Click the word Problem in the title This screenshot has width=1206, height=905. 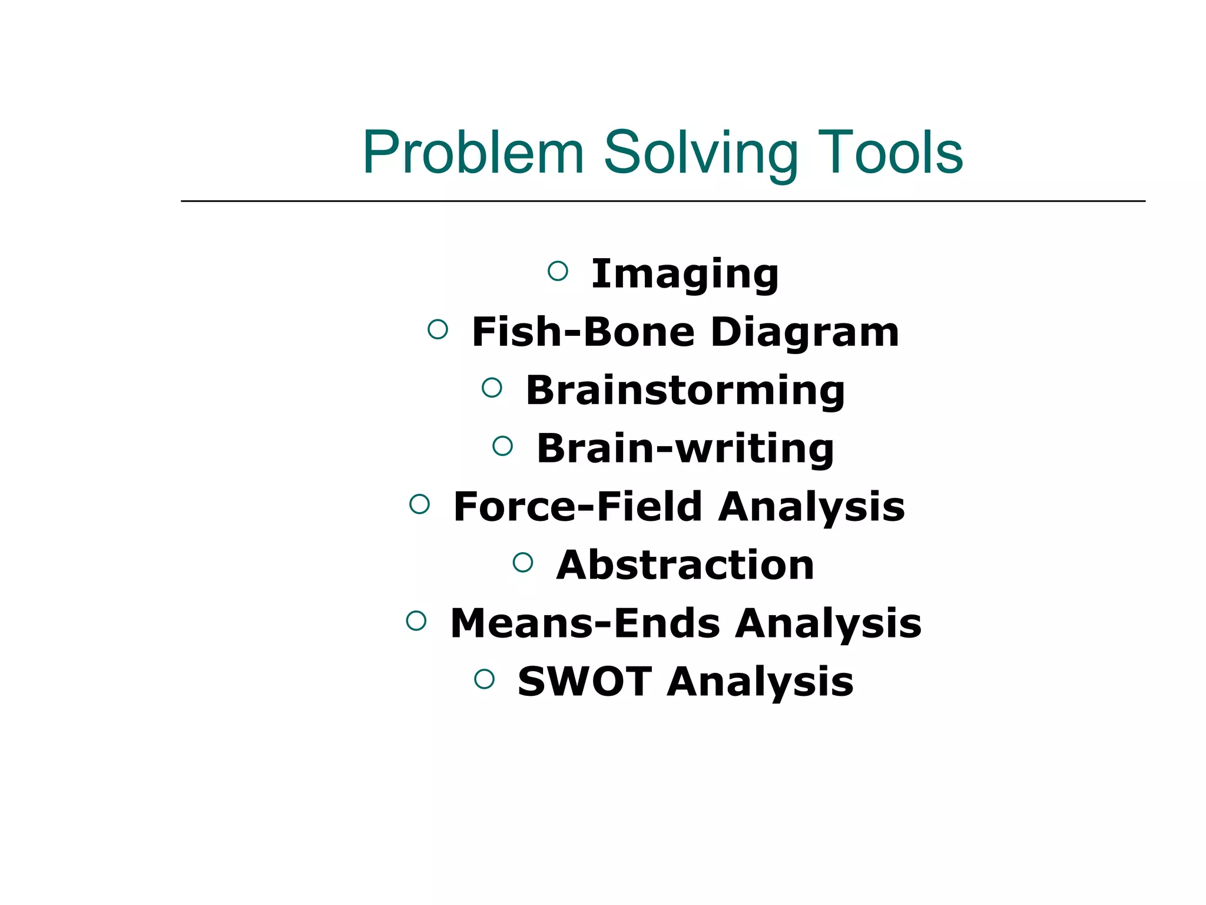473,153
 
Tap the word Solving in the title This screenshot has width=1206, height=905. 701,153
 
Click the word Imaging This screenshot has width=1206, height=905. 685,274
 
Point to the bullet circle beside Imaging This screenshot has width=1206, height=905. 558,271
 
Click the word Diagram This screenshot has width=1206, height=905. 805,332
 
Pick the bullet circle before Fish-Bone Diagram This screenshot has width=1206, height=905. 438,329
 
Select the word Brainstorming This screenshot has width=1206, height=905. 685,390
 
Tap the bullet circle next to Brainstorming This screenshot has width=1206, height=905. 492,387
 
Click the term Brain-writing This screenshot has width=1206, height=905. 685,448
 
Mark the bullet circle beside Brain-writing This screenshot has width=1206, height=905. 502,445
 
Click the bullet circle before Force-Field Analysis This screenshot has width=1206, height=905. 419,504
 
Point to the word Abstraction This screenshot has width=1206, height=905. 685,564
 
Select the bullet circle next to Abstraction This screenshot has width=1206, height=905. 523,562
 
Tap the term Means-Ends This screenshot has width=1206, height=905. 585,623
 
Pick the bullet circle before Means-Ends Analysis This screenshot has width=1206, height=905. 416,620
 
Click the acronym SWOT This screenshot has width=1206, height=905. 584,681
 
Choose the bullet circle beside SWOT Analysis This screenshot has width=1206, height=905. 484,679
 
